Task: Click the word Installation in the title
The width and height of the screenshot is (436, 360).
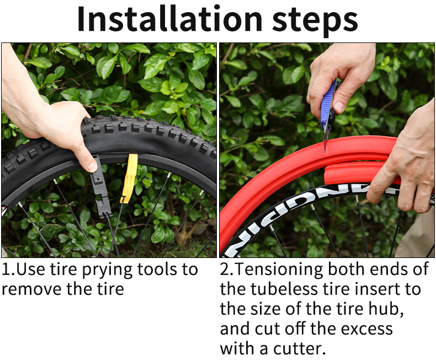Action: pyautogui.click(x=169, y=19)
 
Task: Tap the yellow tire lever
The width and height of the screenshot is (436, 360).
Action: pyautogui.click(x=129, y=178)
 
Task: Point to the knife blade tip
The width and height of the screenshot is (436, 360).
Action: pyautogui.click(x=325, y=152)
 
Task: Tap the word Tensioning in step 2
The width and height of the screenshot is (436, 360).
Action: pyautogui.click(x=279, y=270)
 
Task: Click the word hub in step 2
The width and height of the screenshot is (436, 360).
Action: pyautogui.click(x=386, y=308)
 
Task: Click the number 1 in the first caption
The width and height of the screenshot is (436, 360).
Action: pyautogui.click(x=6, y=270)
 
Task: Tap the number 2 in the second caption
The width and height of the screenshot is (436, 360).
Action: pyautogui.click(x=225, y=270)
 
